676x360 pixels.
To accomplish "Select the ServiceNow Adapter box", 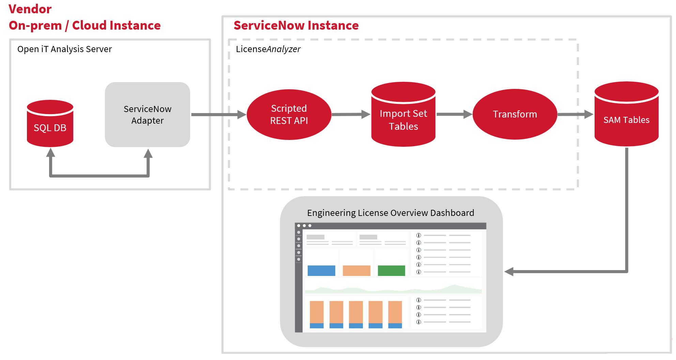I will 147,115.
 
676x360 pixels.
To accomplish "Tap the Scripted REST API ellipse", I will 289,114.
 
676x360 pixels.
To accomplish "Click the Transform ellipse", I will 514,114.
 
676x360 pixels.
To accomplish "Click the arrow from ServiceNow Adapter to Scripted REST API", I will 218,115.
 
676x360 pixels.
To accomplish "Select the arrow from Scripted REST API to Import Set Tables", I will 350,114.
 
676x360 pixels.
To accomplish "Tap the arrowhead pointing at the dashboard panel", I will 509,271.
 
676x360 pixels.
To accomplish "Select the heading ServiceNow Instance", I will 296,26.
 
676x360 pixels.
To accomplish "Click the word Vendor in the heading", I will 30,9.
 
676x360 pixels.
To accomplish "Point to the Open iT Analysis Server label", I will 64,49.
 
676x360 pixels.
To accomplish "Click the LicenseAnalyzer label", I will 268,49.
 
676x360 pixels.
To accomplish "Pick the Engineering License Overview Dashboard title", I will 390,213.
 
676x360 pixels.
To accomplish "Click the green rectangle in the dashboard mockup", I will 391,270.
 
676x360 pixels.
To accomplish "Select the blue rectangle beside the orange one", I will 321,270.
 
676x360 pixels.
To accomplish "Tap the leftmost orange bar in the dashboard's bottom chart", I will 317,312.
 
